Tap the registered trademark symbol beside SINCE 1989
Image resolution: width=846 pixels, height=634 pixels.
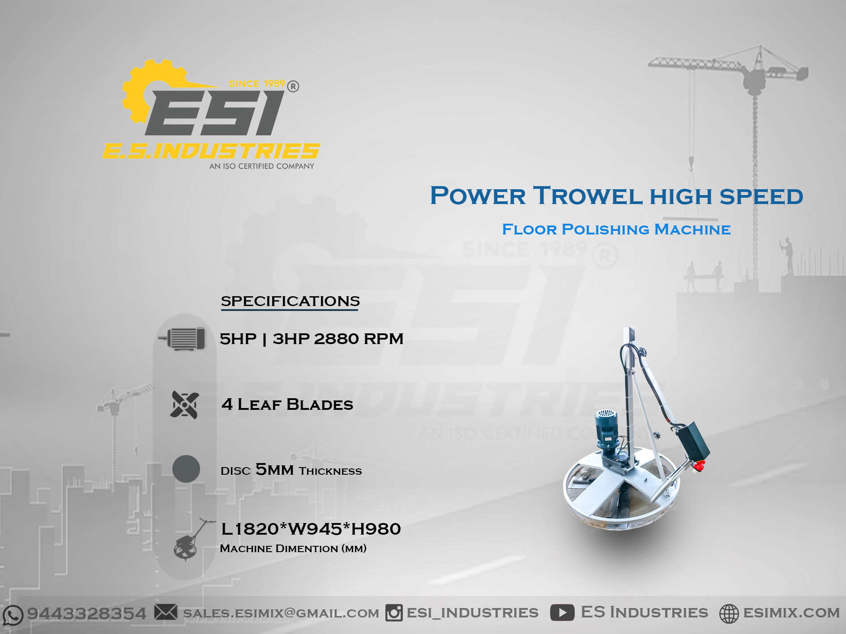[x=293, y=86]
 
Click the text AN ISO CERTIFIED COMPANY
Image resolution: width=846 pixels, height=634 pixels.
[x=262, y=166]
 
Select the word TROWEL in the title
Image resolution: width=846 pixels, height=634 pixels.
[x=588, y=196]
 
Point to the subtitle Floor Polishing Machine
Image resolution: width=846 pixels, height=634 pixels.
[x=616, y=230]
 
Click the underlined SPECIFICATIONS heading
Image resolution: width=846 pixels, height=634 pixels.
[x=290, y=301]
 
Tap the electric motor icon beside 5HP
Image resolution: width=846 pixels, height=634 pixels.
[x=182, y=339]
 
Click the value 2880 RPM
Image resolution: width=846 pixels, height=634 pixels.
[x=359, y=339]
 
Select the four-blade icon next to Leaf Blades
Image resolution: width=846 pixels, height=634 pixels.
[x=184, y=405]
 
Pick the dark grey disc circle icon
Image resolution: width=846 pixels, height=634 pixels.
[x=186, y=469]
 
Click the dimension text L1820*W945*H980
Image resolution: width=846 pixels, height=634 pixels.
[x=311, y=529]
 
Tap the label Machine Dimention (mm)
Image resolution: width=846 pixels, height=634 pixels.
[x=293, y=549]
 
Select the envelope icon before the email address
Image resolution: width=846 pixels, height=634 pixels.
[x=166, y=612]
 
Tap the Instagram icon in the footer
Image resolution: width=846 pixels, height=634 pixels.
[x=394, y=613]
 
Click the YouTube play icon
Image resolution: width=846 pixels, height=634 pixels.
[x=562, y=613]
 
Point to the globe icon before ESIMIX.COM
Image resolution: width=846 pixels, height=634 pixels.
[x=729, y=613]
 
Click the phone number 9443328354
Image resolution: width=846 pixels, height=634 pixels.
[x=87, y=613]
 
